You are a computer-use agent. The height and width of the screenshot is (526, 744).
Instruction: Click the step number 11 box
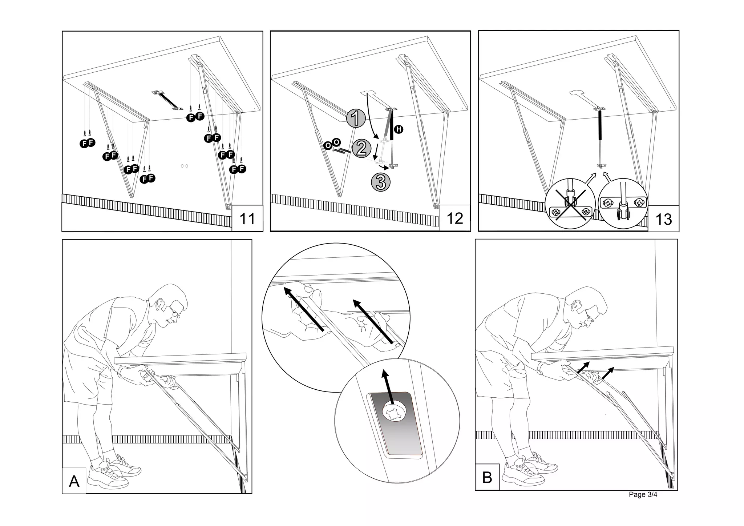pyautogui.click(x=247, y=218)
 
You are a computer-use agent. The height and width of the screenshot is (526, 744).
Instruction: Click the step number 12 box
pyautogui.click(x=455, y=218)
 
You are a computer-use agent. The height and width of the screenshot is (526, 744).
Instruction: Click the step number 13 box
pyautogui.click(x=663, y=219)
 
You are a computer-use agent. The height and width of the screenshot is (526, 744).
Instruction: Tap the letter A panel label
pyautogui.click(x=74, y=481)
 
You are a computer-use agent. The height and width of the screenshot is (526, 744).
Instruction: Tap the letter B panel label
pyautogui.click(x=487, y=477)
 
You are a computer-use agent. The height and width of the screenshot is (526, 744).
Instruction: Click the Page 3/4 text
pyautogui.click(x=643, y=495)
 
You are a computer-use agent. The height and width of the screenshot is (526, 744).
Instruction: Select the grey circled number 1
pyautogui.click(x=356, y=118)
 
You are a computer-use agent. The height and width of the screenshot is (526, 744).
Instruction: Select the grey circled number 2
pyautogui.click(x=361, y=148)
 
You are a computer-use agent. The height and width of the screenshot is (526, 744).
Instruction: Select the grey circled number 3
pyautogui.click(x=380, y=182)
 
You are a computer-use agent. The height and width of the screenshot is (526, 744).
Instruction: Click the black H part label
pyautogui.click(x=399, y=129)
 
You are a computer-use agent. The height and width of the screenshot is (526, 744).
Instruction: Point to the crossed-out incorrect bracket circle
pyautogui.click(x=570, y=204)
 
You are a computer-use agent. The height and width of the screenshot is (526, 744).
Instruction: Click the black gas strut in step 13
pyautogui.click(x=600, y=125)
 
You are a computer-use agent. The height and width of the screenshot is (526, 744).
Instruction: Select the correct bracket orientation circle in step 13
pyautogui.click(x=622, y=204)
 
